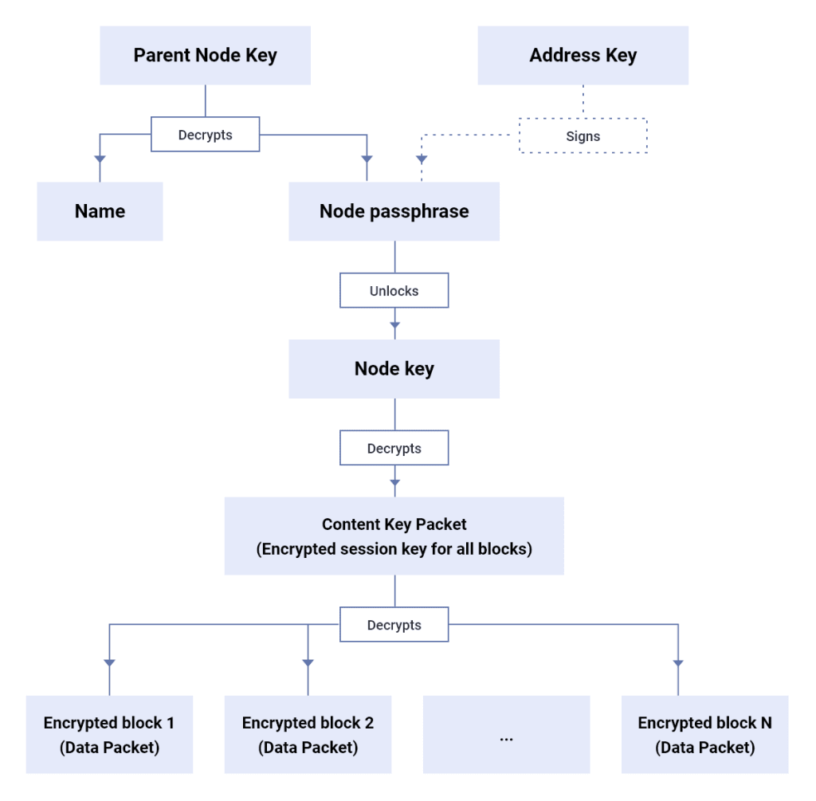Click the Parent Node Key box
[x=205, y=55]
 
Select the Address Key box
[x=583, y=55]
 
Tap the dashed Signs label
[x=583, y=136]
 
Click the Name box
[x=100, y=211]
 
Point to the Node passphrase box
[x=394, y=211]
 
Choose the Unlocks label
[x=394, y=291]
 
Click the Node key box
[x=394, y=369]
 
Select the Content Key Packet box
[x=394, y=536]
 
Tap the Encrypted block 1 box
[x=109, y=735]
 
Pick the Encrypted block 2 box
[x=308, y=735]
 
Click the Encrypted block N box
[x=704, y=735]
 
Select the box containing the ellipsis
[x=506, y=735]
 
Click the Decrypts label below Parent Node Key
[x=205, y=135]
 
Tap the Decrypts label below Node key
[x=394, y=449]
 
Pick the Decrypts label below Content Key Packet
[x=394, y=625]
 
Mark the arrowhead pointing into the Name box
[x=100, y=159]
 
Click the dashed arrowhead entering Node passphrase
[x=422, y=159]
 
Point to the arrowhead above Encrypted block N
[x=678, y=662]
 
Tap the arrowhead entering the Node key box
[x=394, y=324]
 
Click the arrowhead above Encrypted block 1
[x=109, y=662]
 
